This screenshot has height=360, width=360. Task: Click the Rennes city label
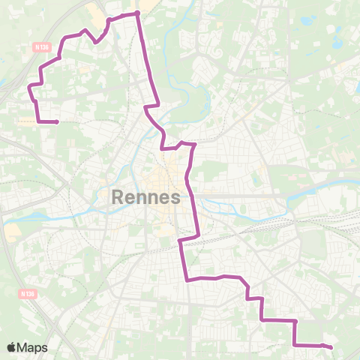tap(146, 198)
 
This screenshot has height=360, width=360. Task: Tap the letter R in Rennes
tap(118, 198)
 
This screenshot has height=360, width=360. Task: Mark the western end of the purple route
tap(58, 121)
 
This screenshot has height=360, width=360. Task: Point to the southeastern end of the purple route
tap(331, 346)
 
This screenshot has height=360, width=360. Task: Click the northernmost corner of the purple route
tap(138, 13)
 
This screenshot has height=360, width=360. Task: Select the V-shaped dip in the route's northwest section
tap(97, 42)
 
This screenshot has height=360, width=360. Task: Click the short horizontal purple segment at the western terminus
tap(47, 121)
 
